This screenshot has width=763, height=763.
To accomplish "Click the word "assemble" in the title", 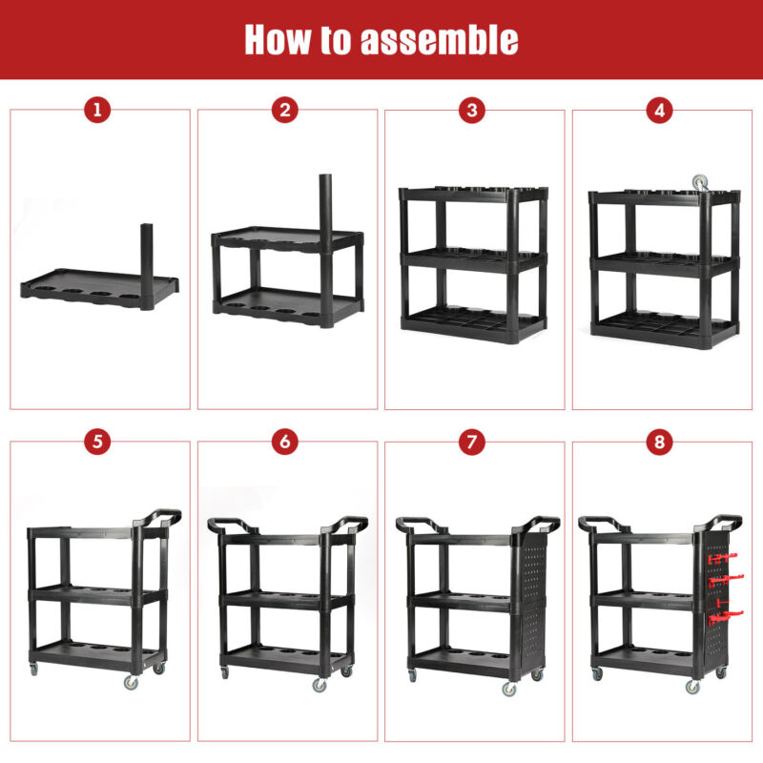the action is pyautogui.click(x=440, y=39).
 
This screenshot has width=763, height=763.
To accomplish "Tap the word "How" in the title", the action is pyautogui.click(x=277, y=39).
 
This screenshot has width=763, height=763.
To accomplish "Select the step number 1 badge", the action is pyautogui.click(x=97, y=110).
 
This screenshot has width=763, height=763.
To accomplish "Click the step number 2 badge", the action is pyautogui.click(x=284, y=110).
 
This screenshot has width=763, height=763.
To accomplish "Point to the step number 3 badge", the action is pyautogui.click(x=472, y=110).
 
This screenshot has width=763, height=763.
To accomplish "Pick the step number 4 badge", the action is pyautogui.click(x=659, y=110).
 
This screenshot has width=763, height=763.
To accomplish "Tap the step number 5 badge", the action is pyautogui.click(x=97, y=442).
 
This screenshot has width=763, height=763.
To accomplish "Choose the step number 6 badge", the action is pyautogui.click(x=284, y=442).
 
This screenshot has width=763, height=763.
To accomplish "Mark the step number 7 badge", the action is pyautogui.click(x=472, y=442).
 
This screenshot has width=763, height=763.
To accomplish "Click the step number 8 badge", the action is pyautogui.click(x=659, y=442).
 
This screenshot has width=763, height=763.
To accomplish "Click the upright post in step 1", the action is pyautogui.click(x=147, y=266).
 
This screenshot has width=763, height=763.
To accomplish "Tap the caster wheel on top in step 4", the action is pyautogui.click(x=700, y=183).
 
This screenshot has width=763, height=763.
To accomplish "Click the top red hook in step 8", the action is pyautogui.click(x=723, y=558).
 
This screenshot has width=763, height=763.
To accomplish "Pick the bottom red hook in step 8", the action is pyautogui.click(x=726, y=618).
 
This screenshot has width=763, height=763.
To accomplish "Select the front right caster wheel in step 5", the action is pyautogui.click(x=131, y=682).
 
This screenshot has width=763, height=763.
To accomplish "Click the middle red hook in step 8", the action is pyautogui.click(x=725, y=580).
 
